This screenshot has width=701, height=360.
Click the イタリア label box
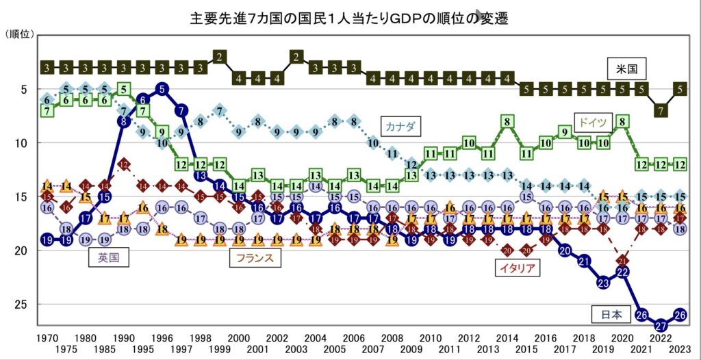pyautogui.click(x=515, y=268)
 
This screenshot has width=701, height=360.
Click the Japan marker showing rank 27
pyautogui.click(x=661, y=324)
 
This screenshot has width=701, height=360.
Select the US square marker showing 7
pyautogui.click(x=661, y=110)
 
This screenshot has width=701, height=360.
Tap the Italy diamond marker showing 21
pyautogui.click(x=623, y=261)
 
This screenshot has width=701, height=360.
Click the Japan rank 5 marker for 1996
pyautogui.click(x=162, y=88)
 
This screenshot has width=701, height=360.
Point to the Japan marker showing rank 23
pyautogui.click(x=603, y=282)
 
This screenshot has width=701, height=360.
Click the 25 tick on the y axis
pyautogui.click(x=20, y=304)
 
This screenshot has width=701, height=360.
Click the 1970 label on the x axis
pyautogui.click(x=47, y=338)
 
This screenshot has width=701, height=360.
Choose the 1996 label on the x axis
pyautogui.click(x=162, y=338)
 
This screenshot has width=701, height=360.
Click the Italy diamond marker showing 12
pyautogui.click(x=124, y=164)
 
